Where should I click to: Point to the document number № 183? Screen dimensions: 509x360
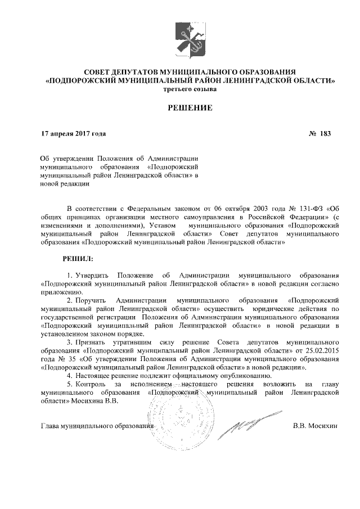pos(320,134)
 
